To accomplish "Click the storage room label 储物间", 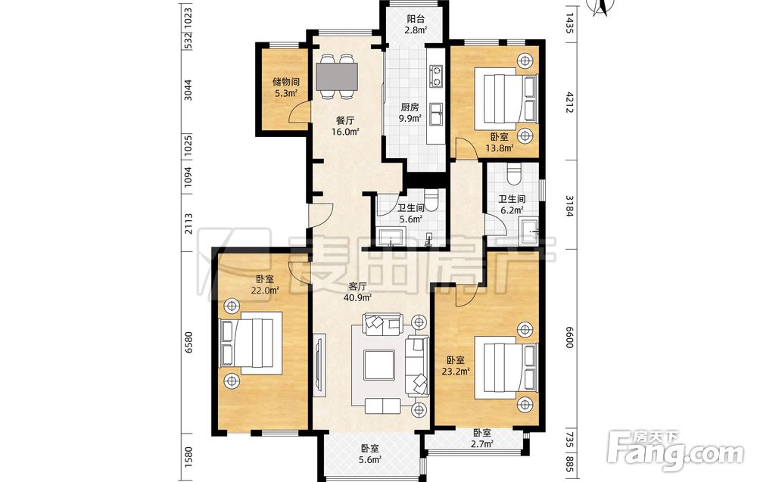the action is pos(285,82).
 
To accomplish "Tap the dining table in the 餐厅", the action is pos(337,76).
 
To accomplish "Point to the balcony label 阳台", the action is pos(415,20).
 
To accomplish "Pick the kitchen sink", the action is pos(437,114).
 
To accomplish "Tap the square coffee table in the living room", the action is pos(379,364).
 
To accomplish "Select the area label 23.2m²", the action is pos(456,371).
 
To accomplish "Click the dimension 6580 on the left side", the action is pos(188,342).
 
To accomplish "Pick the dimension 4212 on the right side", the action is pos(569,102).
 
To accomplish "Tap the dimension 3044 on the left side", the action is pos(188,90).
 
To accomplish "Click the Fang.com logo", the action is pos(675,451).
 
